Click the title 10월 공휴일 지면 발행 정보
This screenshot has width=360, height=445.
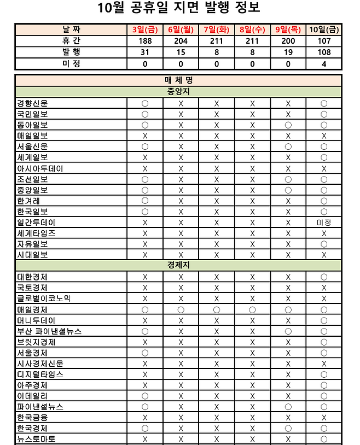(179, 8)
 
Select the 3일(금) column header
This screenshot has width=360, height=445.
(145, 30)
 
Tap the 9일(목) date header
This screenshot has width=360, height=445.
(288, 30)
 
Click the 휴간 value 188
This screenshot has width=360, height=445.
(145, 42)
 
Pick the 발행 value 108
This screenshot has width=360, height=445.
(324, 52)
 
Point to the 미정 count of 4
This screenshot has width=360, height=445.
(324, 64)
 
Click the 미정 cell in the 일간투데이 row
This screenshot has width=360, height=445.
(324, 222)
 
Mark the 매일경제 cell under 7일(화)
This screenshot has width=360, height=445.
(217, 309)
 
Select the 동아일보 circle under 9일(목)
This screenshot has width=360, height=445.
(288, 125)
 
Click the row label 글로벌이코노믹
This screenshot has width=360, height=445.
(44, 298)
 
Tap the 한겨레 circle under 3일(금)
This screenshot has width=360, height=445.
(145, 201)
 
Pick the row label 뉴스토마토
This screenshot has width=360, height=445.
(36, 439)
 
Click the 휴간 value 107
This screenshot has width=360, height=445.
(324, 42)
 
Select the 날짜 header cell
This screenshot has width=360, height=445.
(71, 30)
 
